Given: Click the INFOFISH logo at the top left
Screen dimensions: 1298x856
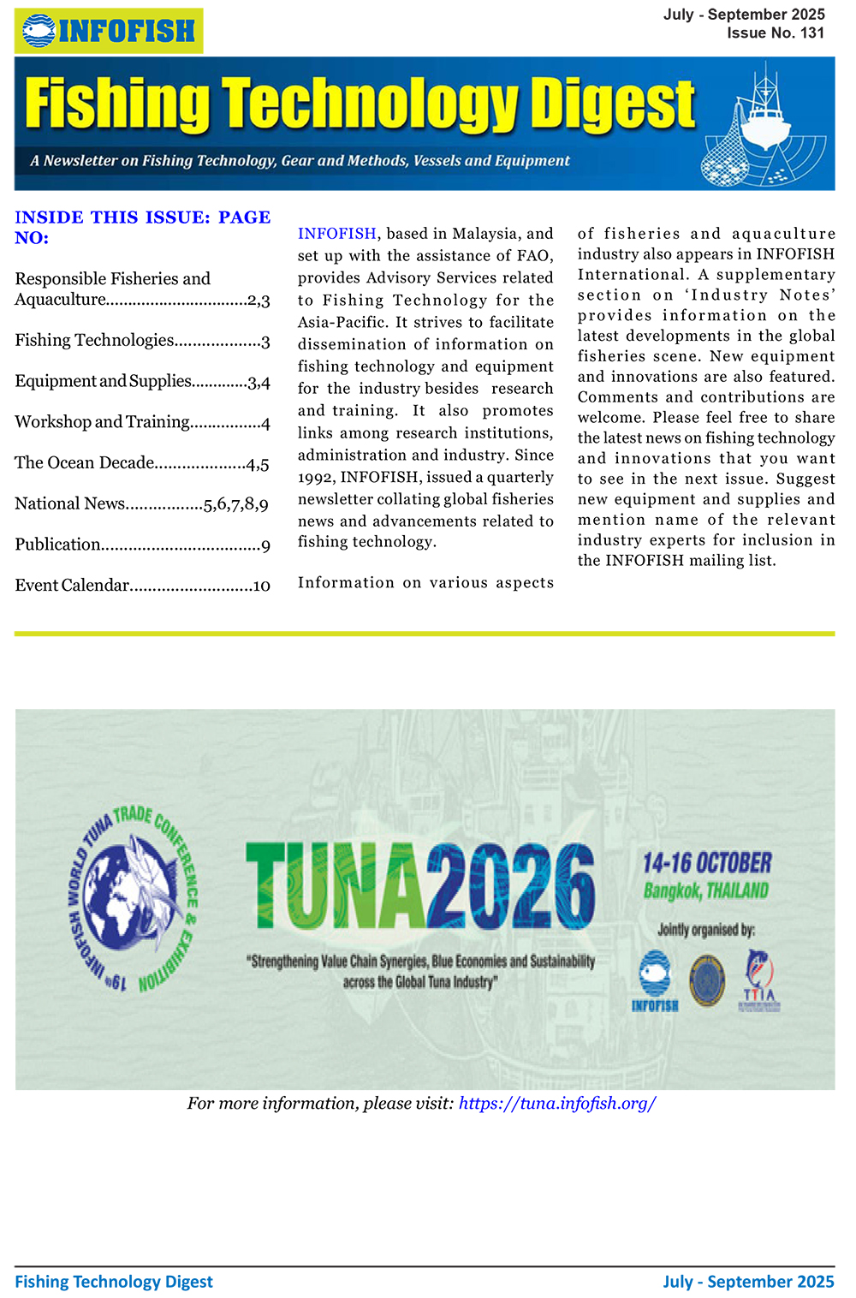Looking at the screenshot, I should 109,31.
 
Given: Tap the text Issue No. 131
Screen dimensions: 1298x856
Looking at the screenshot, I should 775,33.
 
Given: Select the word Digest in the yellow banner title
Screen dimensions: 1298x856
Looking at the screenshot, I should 612,104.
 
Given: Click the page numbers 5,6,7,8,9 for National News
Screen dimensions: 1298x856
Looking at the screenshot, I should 236,504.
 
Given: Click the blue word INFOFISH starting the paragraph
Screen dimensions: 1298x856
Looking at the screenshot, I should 336,234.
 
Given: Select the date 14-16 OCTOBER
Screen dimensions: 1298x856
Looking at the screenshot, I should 706,863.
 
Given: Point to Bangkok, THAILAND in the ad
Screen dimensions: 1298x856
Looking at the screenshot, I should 705,891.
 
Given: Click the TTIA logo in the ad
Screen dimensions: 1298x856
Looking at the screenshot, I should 758,981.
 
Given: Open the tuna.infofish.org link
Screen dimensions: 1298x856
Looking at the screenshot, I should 557,1104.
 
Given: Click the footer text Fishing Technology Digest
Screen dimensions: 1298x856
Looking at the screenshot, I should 114,1282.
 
